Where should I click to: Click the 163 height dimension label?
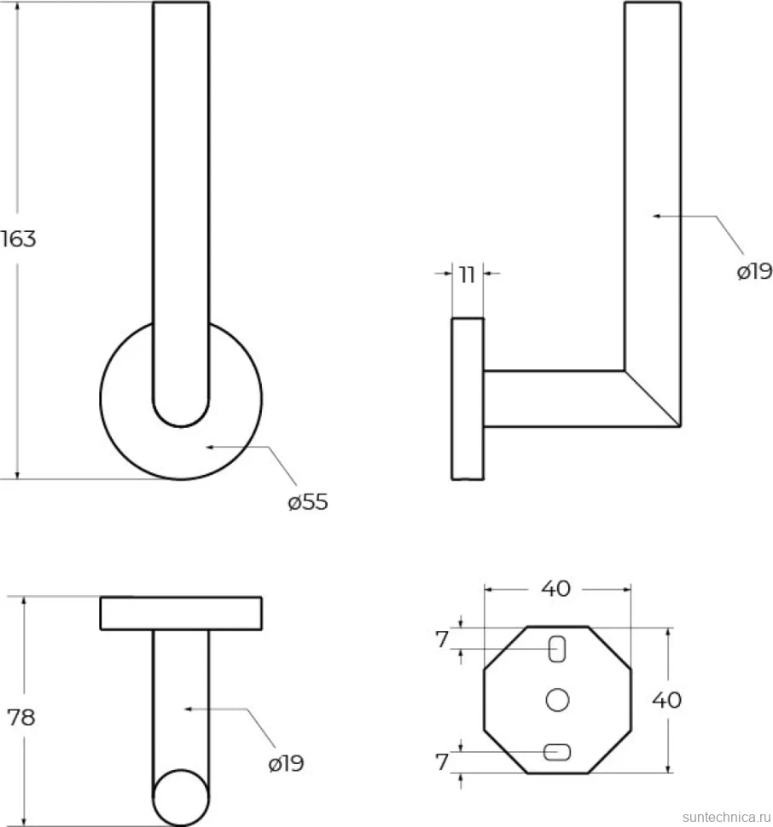pyautogui.click(x=19, y=239)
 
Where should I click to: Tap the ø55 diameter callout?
pyautogui.click(x=308, y=502)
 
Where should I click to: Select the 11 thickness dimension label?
pyautogui.click(x=468, y=275)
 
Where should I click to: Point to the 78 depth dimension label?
pyautogui.click(x=21, y=717)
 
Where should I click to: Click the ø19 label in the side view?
pyautogui.click(x=754, y=272)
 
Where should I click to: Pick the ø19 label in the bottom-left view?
pyautogui.click(x=287, y=763)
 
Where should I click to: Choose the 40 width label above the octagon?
pyautogui.click(x=555, y=588)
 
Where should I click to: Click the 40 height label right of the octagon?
pyautogui.click(x=667, y=701)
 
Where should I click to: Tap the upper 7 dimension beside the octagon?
pyautogui.click(x=442, y=639)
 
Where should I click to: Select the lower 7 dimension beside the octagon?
pyautogui.click(x=442, y=761)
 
